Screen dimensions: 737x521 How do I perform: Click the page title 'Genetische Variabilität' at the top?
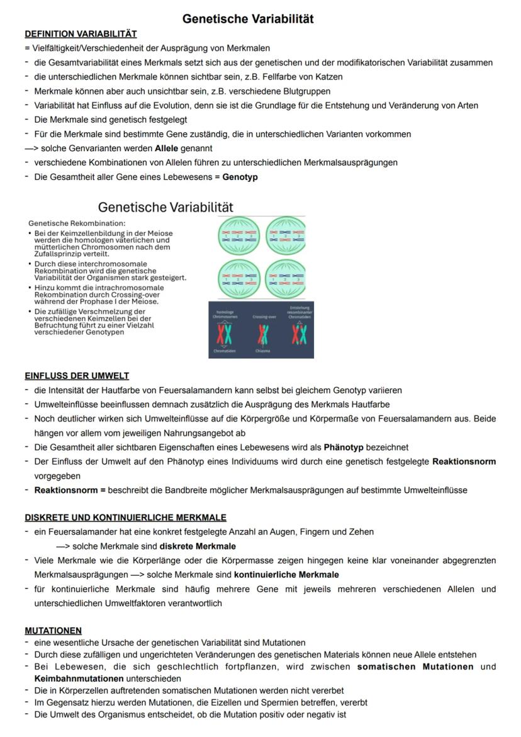point(248,19)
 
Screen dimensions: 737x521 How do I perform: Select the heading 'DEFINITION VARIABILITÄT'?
point(81,33)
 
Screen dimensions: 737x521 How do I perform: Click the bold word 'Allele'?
point(167,149)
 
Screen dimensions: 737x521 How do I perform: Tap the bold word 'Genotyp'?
point(240,177)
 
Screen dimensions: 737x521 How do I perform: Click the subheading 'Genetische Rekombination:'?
point(77,223)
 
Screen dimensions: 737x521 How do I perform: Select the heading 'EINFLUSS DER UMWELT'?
point(77,376)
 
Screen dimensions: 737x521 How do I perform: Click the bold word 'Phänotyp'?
point(344,447)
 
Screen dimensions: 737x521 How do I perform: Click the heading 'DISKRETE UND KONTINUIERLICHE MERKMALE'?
point(125,517)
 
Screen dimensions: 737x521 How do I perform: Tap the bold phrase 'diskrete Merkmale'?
point(198,546)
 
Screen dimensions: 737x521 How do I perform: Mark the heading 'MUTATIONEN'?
point(53,630)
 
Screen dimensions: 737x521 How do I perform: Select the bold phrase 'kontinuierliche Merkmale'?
point(286,574)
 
